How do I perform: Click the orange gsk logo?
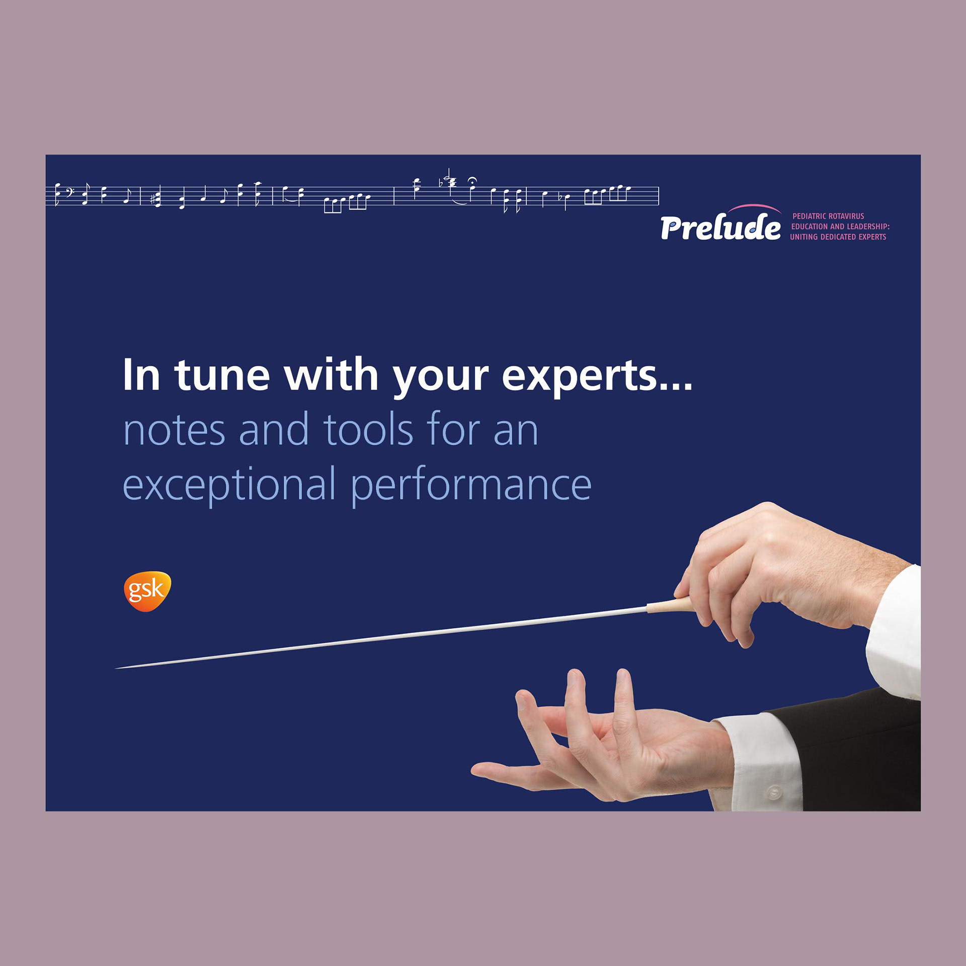pos(147,591)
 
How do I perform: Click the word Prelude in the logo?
pos(720,227)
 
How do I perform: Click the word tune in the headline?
pos(222,375)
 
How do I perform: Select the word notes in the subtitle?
pos(174,430)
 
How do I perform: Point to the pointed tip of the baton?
pos(116,668)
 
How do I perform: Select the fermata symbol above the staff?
pos(472,180)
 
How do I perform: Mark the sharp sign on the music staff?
pos(152,199)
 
